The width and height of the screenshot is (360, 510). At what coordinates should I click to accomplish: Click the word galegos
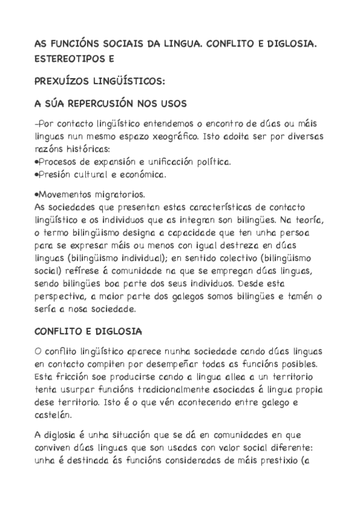coord(203,298)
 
